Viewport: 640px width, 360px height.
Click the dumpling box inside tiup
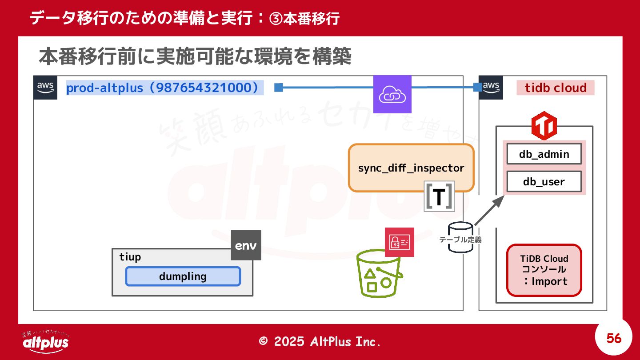click(x=183, y=276)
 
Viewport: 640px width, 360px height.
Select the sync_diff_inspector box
click(x=411, y=168)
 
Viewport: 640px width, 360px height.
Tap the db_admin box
click(x=544, y=154)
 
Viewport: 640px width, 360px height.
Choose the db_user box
click(x=544, y=182)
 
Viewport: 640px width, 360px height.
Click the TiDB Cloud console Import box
click(x=544, y=270)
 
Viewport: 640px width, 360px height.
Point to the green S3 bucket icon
click(x=380, y=274)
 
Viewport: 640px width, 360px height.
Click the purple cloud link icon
click(x=392, y=94)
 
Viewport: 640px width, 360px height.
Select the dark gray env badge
click(x=246, y=245)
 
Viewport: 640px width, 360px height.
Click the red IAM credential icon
click(x=399, y=242)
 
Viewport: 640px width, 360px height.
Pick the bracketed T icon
click(x=439, y=196)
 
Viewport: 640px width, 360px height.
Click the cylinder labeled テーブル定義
click(x=460, y=237)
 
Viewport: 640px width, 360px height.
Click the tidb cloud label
click(x=555, y=88)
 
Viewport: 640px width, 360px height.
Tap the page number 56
click(x=614, y=339)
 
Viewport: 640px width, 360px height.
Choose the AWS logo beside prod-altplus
click(x=45, y=87)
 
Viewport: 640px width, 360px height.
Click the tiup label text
click(x=130, y=257)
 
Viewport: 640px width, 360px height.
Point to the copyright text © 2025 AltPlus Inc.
click(x=320, y=341)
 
